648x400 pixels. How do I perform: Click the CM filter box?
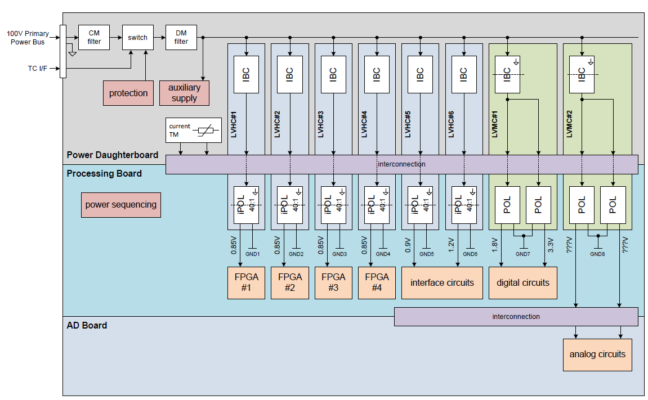[x=94, y=37]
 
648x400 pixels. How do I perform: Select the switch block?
[x=137, y=38]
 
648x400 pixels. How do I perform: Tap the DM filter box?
[x=181, y=37]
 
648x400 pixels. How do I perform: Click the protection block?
[x=128, y=93]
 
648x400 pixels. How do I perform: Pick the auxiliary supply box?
[x=184, y=93]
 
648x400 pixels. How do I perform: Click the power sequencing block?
[x=121, y=205]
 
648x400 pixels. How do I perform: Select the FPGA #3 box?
[x=333, y=282]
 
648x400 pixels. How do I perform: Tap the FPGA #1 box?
[x=246, y=282]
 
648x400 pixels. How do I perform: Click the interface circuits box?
[x=442, y=282]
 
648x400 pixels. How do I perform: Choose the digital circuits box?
[x=523, y=282]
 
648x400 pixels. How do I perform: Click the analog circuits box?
[x=597, y=354]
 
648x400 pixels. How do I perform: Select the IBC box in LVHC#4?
[x=377, y=74]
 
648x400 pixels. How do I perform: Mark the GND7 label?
[x=523, y=254]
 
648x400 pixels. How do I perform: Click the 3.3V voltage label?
[x=549, y=246]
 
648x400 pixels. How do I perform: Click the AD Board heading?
[x=87, y=325]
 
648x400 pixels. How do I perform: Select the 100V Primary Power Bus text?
[x=28, y=38]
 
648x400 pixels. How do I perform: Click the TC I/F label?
[x=38, y=69]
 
